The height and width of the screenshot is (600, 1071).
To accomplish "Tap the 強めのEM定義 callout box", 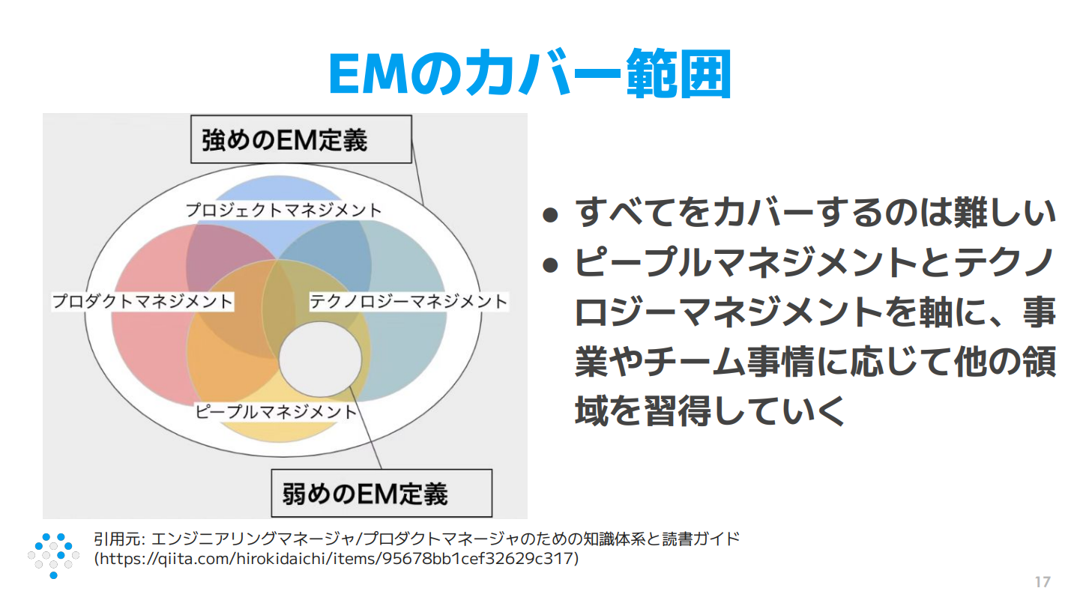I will [301, 139].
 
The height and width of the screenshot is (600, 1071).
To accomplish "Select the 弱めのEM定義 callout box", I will [381, 493].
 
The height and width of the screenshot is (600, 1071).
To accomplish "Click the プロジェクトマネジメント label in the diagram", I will [284, 210].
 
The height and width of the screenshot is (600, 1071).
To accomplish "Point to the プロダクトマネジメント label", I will [142, 302].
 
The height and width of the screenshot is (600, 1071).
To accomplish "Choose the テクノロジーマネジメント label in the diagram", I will [408, 302].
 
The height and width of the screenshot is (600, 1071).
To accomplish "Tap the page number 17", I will [1042, 582].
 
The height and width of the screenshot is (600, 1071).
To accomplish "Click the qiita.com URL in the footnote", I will [337, 559].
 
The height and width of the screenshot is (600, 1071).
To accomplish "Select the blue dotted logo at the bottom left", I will [53, 555].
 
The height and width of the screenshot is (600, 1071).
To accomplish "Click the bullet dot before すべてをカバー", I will [551, 216].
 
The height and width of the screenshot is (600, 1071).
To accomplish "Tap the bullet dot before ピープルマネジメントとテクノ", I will [551, 264].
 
